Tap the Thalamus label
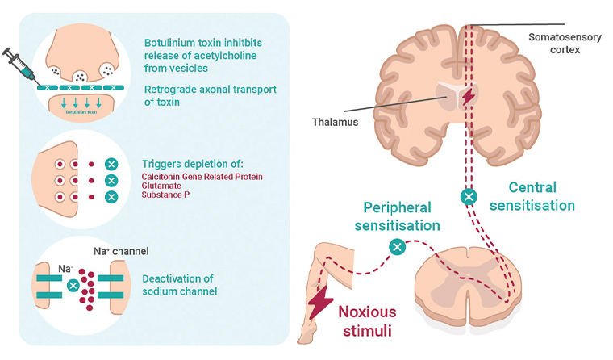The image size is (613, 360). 336,122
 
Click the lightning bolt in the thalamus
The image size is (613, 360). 467,97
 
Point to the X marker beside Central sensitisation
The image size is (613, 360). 467,195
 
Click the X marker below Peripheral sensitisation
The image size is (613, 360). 396,247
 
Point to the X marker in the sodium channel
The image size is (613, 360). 73,285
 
